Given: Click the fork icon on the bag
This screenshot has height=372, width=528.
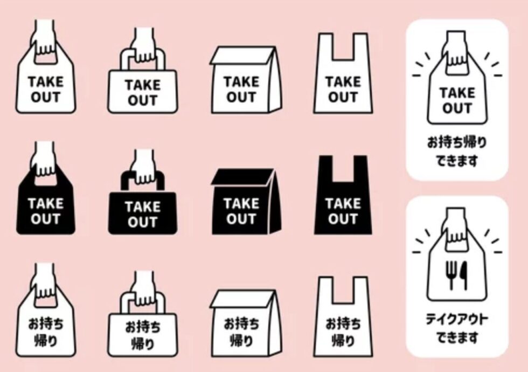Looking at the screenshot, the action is [x=450, y=274].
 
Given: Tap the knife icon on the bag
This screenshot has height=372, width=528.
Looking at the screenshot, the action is [x=464, y=274].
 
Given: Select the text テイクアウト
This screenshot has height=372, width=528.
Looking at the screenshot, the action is [x=457, y=319].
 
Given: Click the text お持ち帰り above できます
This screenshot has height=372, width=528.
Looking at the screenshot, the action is [x=457, y=142].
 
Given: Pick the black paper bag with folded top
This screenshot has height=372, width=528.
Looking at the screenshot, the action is [x=246, y=201].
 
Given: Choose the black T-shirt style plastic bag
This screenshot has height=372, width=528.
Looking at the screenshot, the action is [x=343, y=195].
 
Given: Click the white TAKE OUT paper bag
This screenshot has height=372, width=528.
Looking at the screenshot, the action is [x=246, y=80].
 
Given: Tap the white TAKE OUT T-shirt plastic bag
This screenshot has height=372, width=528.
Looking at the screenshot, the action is [x=343, y=73].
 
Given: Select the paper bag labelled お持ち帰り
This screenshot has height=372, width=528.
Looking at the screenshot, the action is [x=246, y=323].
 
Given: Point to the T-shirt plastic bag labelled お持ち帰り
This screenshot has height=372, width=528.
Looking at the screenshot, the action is [x=343, y=317].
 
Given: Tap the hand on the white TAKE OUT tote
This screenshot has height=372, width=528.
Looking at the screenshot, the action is [x=143, y=45].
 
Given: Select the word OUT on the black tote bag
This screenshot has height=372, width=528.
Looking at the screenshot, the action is [x=142, y=222].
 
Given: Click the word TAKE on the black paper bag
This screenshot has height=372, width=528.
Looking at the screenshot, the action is [x=241, y=204].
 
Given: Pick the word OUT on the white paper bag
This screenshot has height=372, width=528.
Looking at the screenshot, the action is [x=241, y=97].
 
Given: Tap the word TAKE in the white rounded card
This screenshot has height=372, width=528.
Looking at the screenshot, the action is [x=457, y=93].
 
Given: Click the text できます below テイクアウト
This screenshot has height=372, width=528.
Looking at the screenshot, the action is [x=457, y=337].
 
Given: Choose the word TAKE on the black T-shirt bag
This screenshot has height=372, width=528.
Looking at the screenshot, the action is [x=343, y=204].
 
